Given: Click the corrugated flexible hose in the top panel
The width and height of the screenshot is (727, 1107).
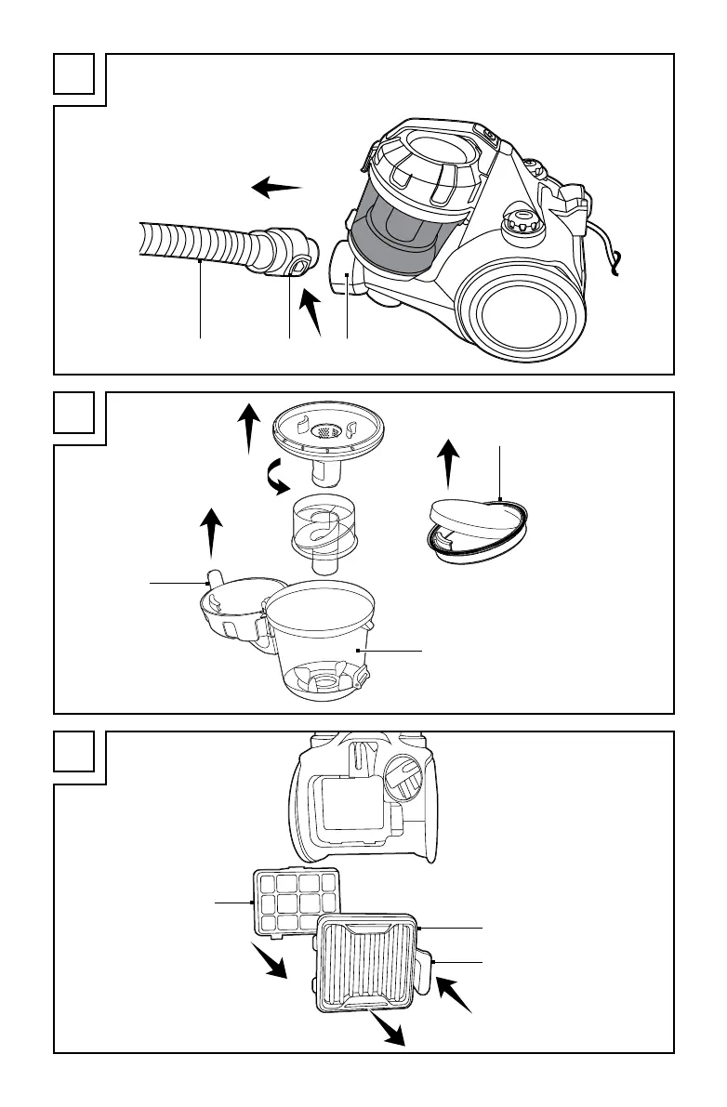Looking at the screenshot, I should (195, 244).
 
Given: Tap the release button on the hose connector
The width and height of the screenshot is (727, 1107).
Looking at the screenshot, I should (297, 269).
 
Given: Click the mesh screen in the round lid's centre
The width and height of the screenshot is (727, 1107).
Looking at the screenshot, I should (325, 431).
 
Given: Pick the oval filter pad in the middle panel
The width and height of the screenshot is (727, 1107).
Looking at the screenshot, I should (475, 524).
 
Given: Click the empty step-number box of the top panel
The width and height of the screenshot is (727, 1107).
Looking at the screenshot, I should (74, 74).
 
